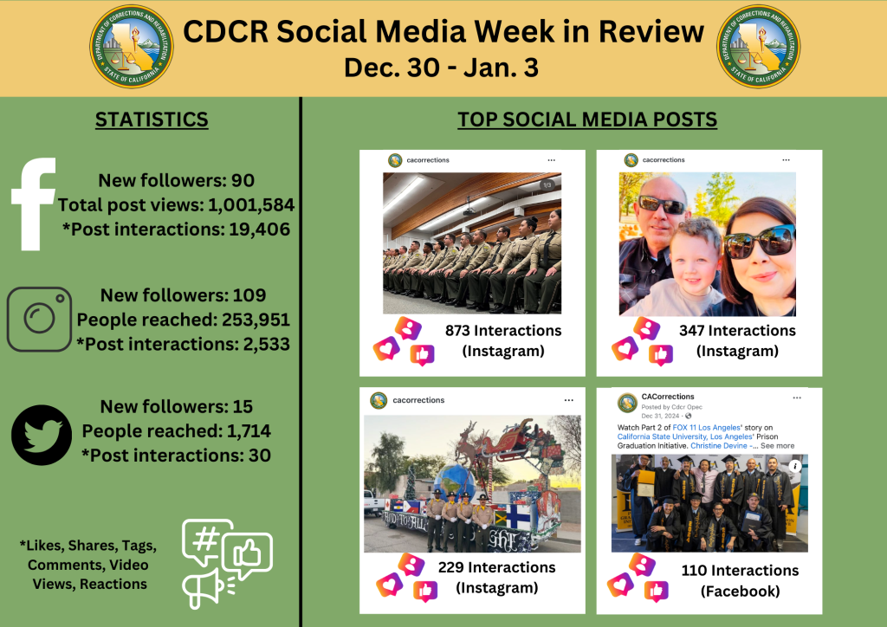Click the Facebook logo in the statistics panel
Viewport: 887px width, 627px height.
coord(35,204)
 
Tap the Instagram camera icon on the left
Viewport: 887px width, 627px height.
coord(39,319)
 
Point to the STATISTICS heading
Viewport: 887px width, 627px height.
coord(152,120)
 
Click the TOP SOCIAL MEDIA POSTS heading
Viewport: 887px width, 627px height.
coord(587,120)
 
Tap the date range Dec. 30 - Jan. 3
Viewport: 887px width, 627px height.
coord(441,68)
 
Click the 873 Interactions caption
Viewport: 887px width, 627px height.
coord(502,331)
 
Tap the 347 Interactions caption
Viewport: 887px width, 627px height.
coord(737,331)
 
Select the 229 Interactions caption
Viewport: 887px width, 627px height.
coord(497,568)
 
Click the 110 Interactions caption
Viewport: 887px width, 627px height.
coord(740,571)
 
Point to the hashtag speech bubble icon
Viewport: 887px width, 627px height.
coord(206,541)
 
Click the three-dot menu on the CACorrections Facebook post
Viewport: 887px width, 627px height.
coord(797,398)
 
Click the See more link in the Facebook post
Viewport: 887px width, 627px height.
coord(777,446)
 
